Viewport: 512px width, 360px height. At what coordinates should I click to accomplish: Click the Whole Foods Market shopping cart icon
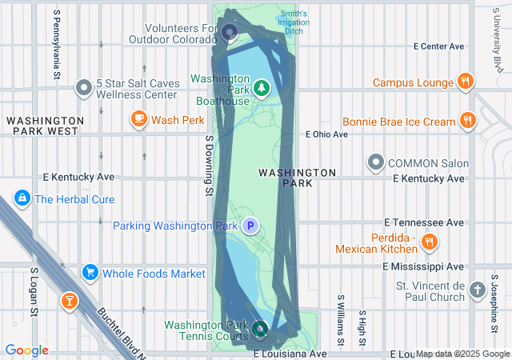point(90,274)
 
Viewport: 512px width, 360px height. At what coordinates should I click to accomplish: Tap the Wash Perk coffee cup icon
point(139,120)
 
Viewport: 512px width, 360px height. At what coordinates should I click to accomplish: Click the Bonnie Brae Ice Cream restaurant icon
point(468,122)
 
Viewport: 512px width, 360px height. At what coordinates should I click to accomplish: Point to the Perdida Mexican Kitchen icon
point(429,241)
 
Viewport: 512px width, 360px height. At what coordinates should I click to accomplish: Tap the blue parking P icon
point(250,226)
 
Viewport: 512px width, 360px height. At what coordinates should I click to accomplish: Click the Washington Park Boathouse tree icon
point(262,86)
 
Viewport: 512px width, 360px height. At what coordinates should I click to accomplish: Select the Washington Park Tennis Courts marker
point(260,328)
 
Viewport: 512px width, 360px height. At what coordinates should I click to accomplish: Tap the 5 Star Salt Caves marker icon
point(83,88)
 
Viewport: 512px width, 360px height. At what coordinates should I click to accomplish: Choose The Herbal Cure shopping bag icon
point(22,199)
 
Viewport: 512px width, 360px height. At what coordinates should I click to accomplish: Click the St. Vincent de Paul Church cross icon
point(478,290)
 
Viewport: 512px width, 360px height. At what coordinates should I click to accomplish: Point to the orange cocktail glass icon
point(70,301)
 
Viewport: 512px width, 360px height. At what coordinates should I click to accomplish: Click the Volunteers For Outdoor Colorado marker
point(230,33)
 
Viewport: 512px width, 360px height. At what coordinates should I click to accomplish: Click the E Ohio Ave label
point(326,134)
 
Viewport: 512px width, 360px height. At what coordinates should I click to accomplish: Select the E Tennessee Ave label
point(424,222)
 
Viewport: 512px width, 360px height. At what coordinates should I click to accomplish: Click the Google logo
point(27,350)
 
